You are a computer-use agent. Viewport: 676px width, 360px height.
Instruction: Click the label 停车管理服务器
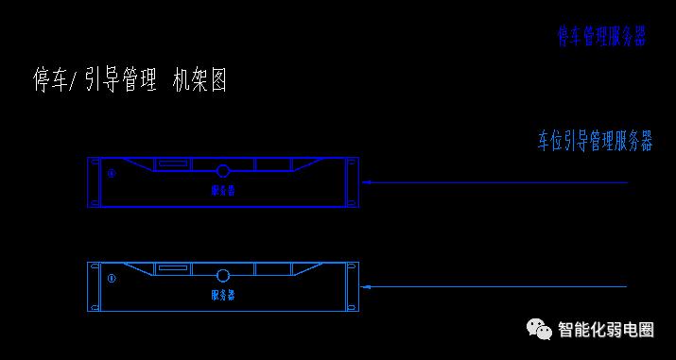pos(601,37)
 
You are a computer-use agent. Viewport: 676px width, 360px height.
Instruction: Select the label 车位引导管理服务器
pos(595,142)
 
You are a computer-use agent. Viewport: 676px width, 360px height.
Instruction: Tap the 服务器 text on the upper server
pos(223,190)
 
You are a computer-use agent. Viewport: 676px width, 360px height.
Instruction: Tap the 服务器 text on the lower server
pos(223,295)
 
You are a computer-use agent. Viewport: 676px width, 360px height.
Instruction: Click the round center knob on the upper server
pos(223,172)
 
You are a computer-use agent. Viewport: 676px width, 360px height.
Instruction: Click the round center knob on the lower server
pos(223,276)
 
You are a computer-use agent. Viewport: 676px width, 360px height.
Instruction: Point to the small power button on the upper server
pos(111,174)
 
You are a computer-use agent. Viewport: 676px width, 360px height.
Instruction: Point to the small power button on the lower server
pos(111,278)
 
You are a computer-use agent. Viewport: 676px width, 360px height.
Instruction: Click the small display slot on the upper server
pos(172,163)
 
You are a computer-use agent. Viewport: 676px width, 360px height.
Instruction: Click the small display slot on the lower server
pos(172,268)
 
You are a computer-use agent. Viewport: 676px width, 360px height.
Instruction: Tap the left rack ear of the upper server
pos(93,182)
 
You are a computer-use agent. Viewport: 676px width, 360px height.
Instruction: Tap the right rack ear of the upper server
pos(353,182)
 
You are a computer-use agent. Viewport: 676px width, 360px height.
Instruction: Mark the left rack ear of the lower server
pos(93,286)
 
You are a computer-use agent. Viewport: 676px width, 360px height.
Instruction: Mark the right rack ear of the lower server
pos(353,286)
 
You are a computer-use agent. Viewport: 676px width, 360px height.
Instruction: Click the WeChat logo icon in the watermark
pos(540,329)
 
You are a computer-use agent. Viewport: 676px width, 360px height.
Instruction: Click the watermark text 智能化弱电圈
pos(606,330)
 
